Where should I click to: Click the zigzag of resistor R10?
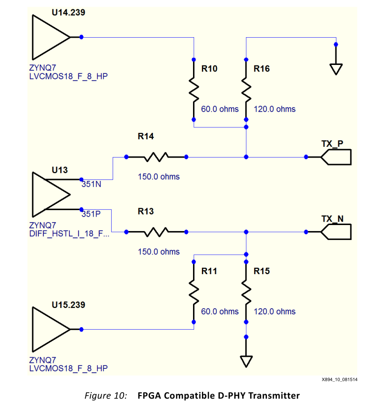click(x=194, y=90)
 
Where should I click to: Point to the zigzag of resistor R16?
click(x=246, y=90)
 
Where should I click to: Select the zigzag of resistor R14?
click(x=156, y=157)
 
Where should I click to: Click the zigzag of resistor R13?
click(x=157, y=231)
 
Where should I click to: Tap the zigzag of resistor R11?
click(x=194, y=292)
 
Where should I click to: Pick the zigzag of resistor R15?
click(x=246, y=292)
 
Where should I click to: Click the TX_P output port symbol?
click(x=336, y=157)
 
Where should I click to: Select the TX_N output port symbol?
click(x=336, y=231)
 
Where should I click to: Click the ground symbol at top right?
click(x=336, y=68)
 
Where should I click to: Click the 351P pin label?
click(x=91, y=215)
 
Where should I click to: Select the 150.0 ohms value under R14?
click(x=159, y=176)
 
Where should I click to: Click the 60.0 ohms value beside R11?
click(x=219, y=311)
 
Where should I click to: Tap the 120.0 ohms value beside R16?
click(x=274, y=109)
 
